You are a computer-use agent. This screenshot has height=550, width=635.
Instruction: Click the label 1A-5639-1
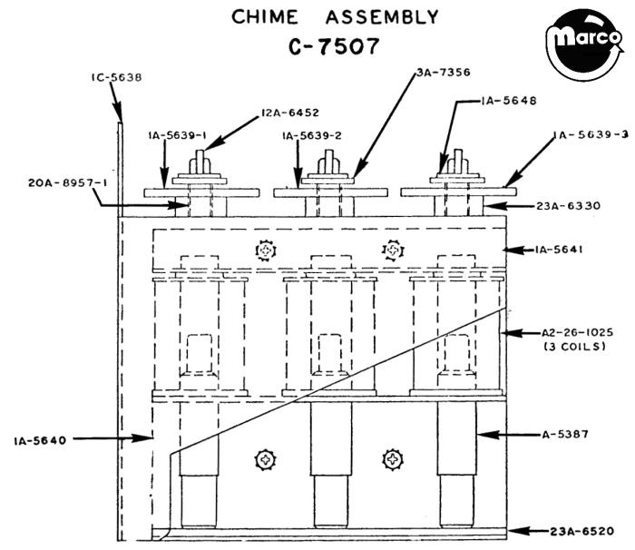click(178, 135)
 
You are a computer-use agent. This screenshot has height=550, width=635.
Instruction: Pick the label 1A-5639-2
click(312, 135)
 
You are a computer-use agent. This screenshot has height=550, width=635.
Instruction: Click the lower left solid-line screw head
click(264, 459)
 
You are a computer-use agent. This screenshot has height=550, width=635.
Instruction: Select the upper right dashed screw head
click(392, 249)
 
